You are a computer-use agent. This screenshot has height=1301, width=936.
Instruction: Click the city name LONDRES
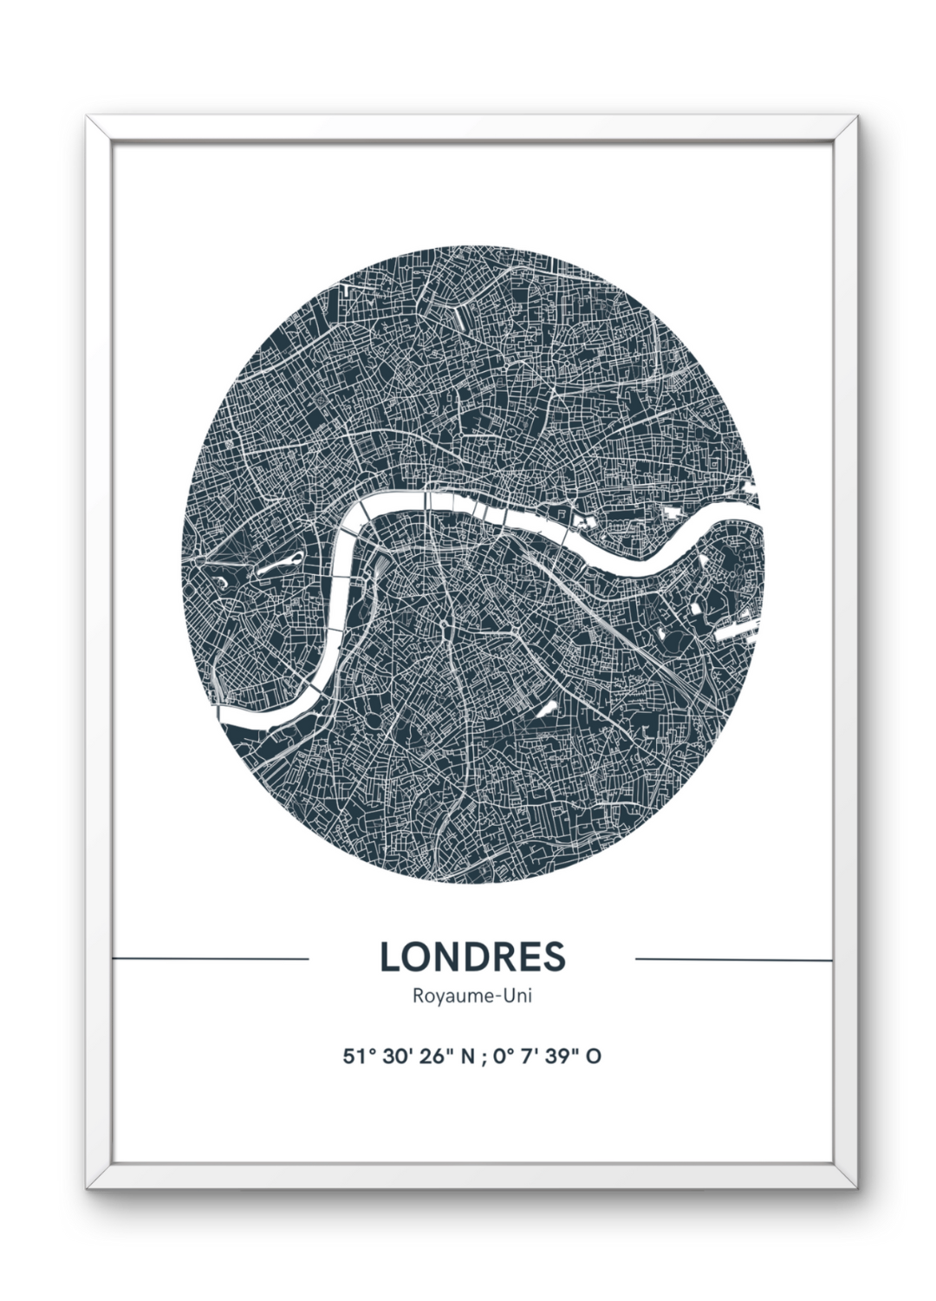pyautogui.click(x=472, y=957)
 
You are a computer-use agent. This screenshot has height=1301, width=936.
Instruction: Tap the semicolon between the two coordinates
pyautogui.click(x=485, y=1058)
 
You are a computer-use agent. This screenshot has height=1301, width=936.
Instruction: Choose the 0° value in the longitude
pyautogui.click(x=504, y=1056)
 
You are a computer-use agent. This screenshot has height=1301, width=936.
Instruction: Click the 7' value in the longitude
pyautogui.click(x=533, y=1056)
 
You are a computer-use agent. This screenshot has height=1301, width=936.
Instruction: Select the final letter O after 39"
pyautogui.click(x=594, y=1056)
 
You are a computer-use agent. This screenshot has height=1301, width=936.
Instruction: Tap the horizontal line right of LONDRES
pyautogui.click(x=734, y=959)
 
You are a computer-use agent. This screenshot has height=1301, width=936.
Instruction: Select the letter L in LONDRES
pyautogui.click(x=388, y=957)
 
